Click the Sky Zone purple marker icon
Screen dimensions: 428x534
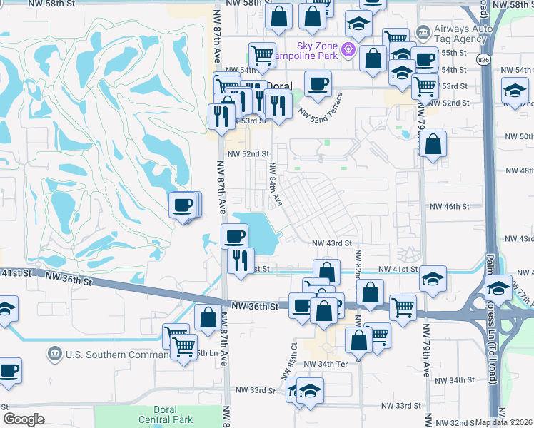[x=348, y=49]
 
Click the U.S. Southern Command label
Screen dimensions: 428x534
[x=106, y=354]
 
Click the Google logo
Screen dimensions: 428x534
[x=24, y=419]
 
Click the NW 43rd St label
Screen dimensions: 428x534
[x=333, y=243]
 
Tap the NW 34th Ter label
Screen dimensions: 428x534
[x=325, y=364]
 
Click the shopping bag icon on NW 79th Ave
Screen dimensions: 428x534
[x=433, y=145]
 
